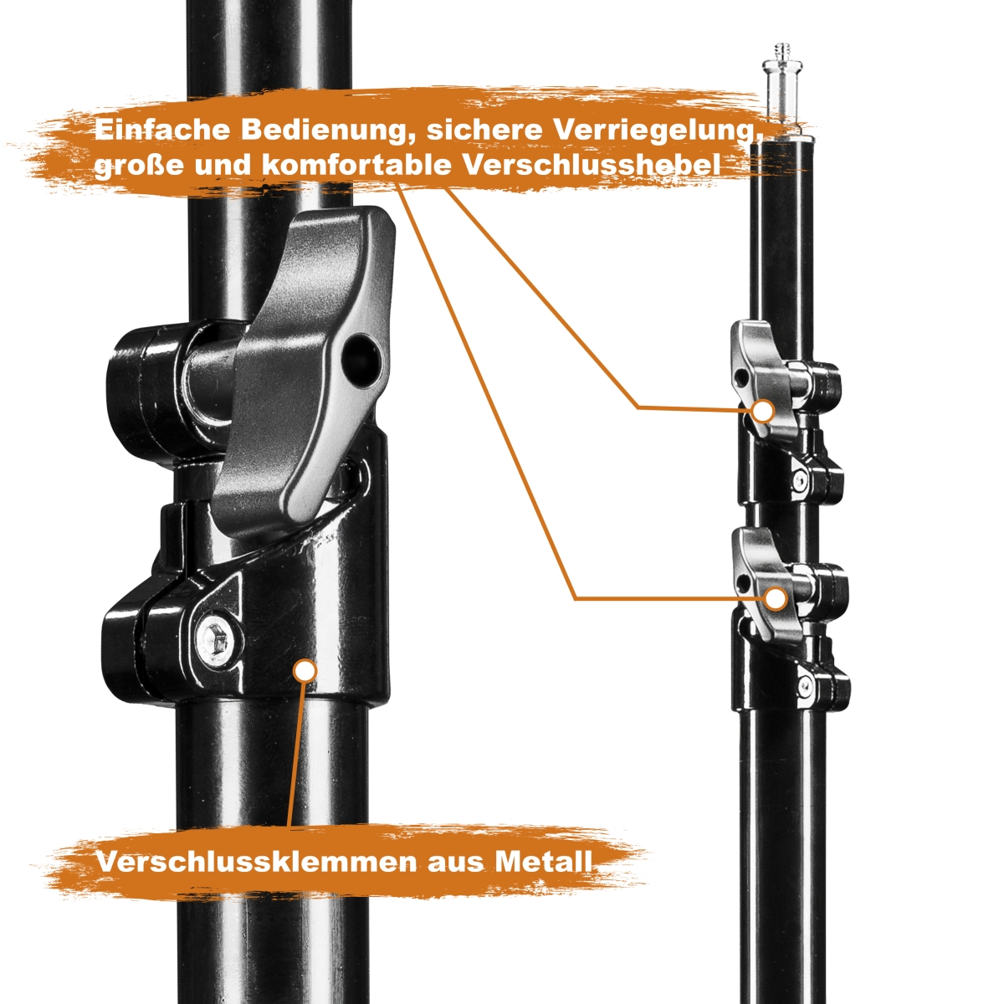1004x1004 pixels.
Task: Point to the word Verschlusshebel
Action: (592, 165)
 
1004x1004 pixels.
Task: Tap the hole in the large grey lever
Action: (363, 356)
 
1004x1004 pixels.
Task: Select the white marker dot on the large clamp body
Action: (305, 670)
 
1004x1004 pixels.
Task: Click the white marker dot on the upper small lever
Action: (762, 410)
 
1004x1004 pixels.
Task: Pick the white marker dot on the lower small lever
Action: (776, 598)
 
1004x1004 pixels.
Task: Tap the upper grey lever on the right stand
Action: (763, 381)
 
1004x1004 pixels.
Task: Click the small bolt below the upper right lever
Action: (801, 481)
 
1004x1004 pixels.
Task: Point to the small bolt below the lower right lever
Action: (806, 686)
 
